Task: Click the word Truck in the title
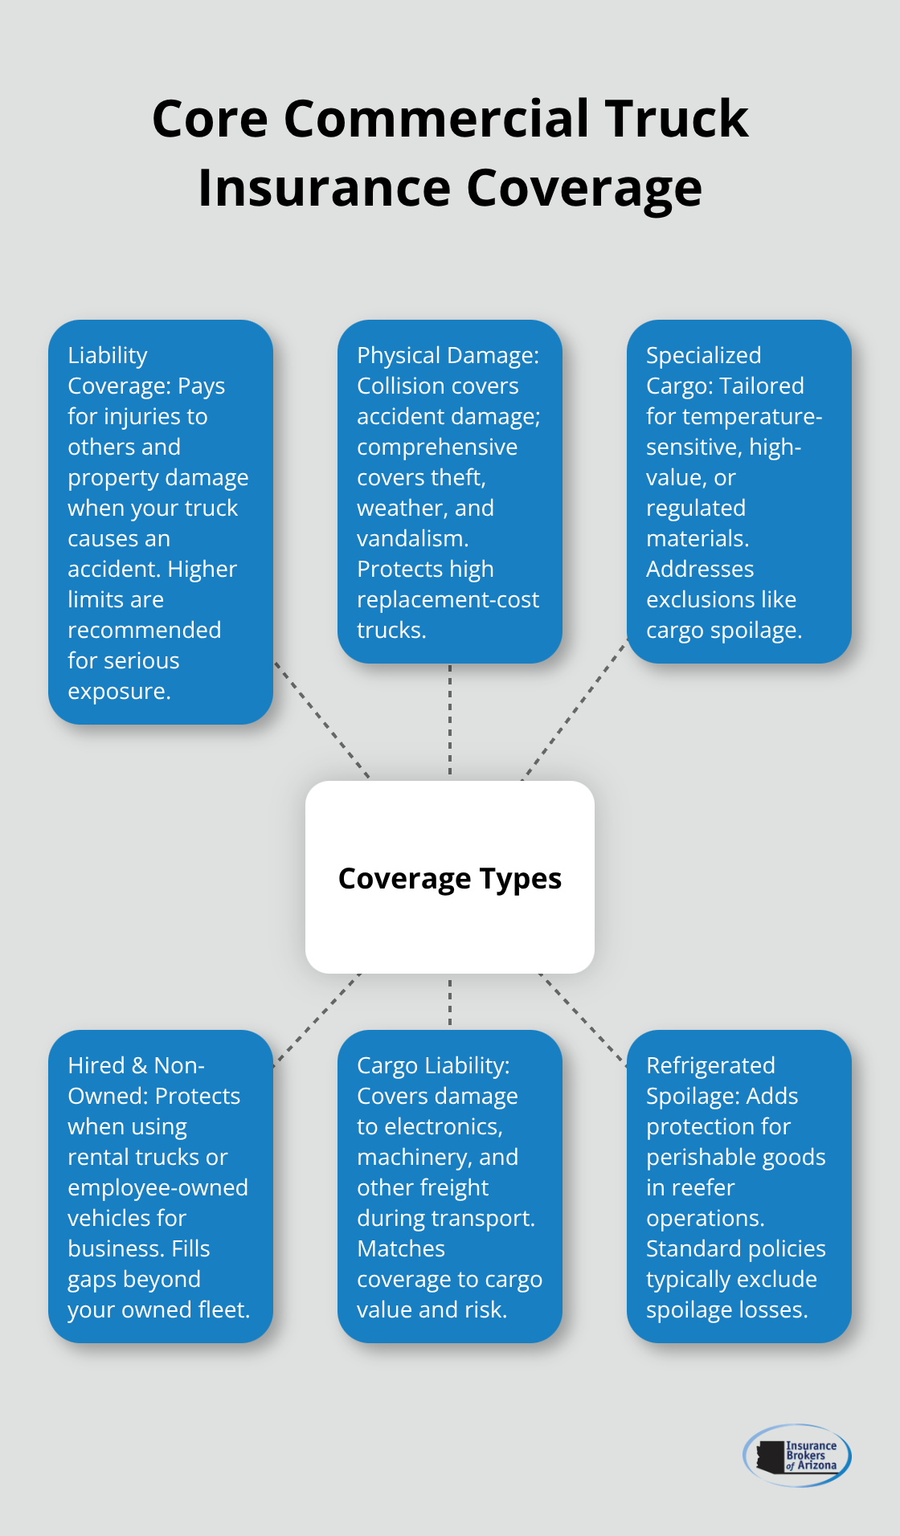pos(677,119)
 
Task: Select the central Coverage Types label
pos(450,878)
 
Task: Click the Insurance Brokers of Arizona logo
pos(797,1455)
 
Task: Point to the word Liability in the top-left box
pos(108,355)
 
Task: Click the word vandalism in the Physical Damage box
pos(411,538)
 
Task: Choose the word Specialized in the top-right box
pos(703,355)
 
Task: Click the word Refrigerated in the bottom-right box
pos(710,1065)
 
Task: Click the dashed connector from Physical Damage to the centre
pos(450,721)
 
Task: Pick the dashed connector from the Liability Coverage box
pos(321,720)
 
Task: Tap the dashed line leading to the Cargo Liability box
pos(450,1001)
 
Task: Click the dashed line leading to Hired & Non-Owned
pos(318,1019)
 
